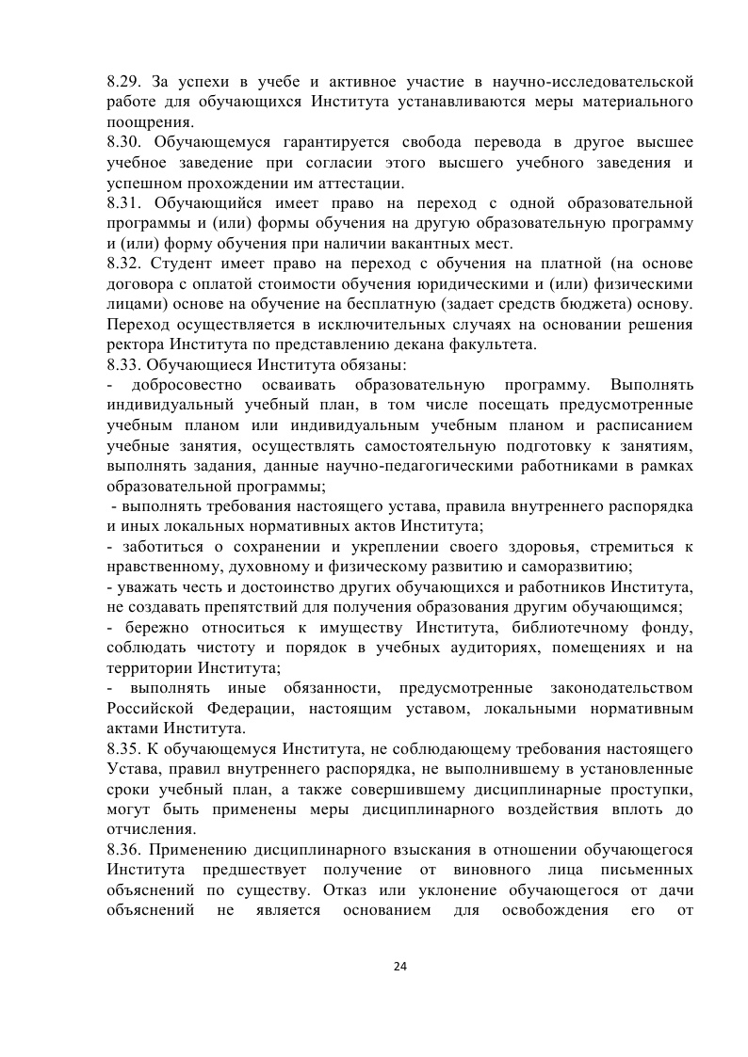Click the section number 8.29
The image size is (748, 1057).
[124, 82]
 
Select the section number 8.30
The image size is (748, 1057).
[124, 142]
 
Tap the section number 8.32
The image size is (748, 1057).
[124, 263]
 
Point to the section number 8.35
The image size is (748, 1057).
[124, 749]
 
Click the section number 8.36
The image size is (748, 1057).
[124, 850]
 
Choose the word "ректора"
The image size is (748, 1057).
[135, 344]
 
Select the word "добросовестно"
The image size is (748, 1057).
[182, 385]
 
